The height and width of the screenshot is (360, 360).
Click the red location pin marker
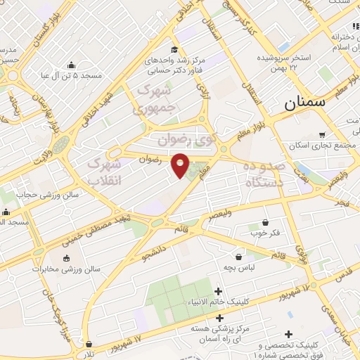[x=181, y=165]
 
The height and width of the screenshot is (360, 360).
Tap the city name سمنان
[x=306, y=103]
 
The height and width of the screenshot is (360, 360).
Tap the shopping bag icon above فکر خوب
[x=265, y=221]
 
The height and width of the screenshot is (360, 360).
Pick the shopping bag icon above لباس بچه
[x=239, y=257]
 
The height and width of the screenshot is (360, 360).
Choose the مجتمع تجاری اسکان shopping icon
[x=322, y=135]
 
